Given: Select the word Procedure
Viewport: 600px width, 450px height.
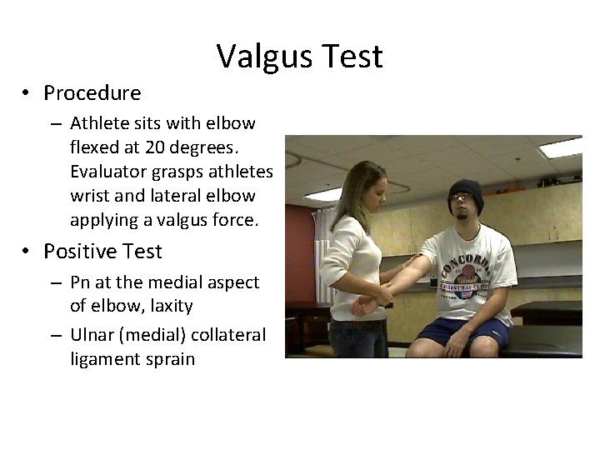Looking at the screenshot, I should coord(92,92).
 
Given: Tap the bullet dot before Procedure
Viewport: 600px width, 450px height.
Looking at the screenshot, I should coord(27,92).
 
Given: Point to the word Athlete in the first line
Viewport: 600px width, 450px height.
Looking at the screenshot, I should coord(97,123).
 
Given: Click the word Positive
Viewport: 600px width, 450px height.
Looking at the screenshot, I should coord(79,251).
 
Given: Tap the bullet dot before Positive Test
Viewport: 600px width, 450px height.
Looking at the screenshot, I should coord(27,251).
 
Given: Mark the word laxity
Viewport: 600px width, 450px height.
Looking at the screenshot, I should coord(170,306).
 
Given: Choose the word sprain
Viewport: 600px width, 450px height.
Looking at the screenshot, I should coord(172,359).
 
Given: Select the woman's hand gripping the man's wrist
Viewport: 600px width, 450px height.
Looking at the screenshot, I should coord(385,294).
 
